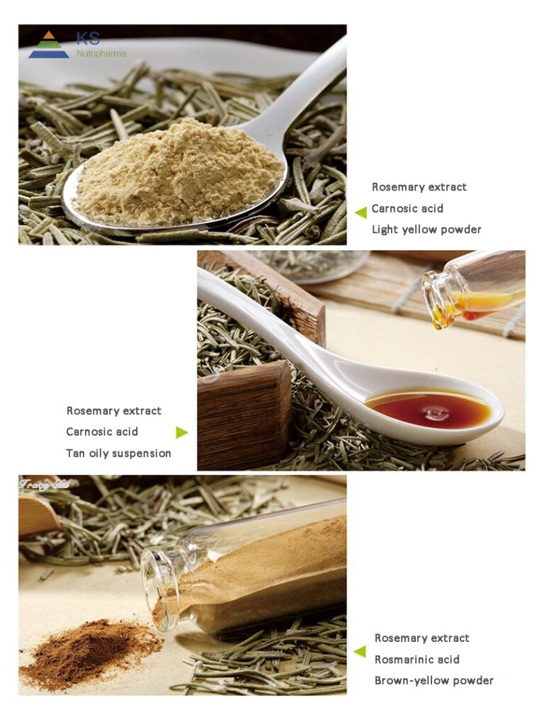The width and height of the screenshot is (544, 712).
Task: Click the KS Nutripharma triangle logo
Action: click(x=49, y=45)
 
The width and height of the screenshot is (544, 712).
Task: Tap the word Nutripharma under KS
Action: click(x=101, y=53)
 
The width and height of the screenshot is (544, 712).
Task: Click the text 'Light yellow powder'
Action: click(x=426, y=230)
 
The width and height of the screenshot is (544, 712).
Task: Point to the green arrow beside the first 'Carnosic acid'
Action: click(x=361, y=211)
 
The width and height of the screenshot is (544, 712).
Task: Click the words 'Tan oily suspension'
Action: click(x=118, y=453)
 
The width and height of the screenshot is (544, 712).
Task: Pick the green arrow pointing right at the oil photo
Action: click(x=182, y=432)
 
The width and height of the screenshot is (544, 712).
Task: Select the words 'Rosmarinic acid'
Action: click(x=417, y=660)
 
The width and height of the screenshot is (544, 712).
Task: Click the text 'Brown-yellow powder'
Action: click(x=434, y=681)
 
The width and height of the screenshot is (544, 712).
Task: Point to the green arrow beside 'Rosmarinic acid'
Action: click(x=361, y=651)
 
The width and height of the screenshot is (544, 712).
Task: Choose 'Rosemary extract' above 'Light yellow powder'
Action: click(x=419, y=187)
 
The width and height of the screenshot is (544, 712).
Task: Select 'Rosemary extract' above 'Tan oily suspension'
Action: click(x=114, y=411)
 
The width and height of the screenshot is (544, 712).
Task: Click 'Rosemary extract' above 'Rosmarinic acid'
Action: click(x=422, y=638)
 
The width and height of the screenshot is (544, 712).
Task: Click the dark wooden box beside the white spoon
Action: click(x=244, y=418)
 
